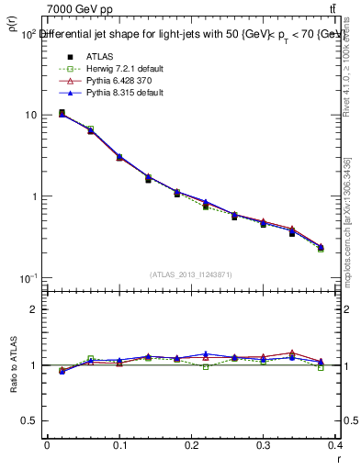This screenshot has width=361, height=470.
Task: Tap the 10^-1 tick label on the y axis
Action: (x=28, y=278)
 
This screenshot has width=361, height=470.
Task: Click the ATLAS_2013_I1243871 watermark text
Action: (x=191, y=274)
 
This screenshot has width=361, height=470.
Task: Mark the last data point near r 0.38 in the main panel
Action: (x=321, y=247)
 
